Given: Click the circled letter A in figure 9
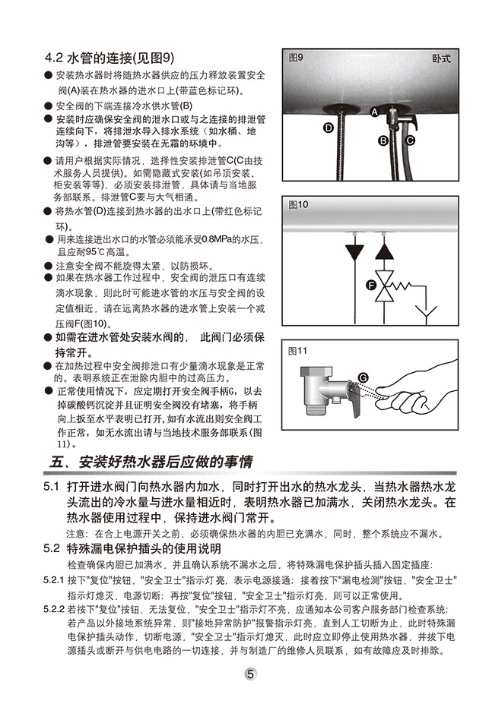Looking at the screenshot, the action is (x=374, y=112).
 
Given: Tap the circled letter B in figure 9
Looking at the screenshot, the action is (x=383, y=140).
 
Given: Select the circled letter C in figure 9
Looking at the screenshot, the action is (x=409, y=140).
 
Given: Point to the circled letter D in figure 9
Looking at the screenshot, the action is (x=329, y=128).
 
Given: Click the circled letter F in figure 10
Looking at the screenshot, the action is (x=371, y=285).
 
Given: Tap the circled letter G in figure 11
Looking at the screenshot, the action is (x=363, y=378).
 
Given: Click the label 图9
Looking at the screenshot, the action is (x=296, y=58).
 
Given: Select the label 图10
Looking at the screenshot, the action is (x=298, y=205).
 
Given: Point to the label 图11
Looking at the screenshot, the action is (x=297, y=351).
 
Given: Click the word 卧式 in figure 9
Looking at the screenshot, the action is (x=441, y=58).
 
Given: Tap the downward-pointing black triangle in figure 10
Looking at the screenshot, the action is (x=355, y=251).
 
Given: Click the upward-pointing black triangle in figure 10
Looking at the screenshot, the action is (x=384, y=251).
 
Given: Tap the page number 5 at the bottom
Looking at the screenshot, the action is (x=250, y=674).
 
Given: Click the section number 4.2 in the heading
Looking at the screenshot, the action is (x=54, y=58).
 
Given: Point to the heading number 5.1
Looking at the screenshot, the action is (x=52, y=487).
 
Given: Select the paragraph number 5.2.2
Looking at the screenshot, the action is (x=54, y=610).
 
